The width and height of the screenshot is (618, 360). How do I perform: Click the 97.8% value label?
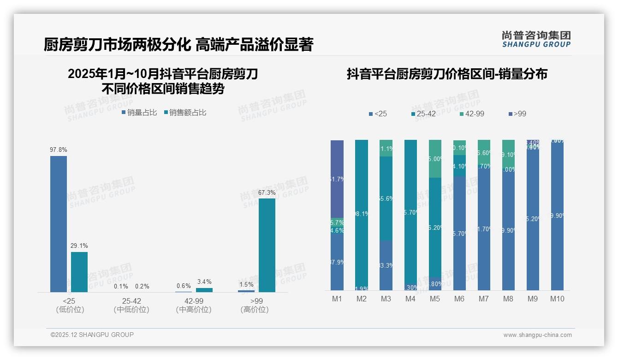(59, 150)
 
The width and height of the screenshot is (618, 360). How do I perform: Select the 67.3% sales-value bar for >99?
(267, 245)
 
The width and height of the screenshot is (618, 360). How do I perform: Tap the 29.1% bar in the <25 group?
(79, 272)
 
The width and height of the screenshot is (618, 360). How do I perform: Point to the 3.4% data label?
(204, 282)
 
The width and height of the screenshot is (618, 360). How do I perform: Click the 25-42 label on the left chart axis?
(131, 301)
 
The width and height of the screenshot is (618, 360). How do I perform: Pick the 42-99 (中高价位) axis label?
(194, 305)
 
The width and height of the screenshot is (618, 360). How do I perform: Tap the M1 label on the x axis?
(337, 299)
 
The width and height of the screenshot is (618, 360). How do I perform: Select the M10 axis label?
(557, 299)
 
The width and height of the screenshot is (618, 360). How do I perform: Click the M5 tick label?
(435, 299)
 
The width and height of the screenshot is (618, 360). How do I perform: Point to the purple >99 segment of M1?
(337, 179)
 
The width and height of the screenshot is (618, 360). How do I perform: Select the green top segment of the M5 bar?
(435, 159)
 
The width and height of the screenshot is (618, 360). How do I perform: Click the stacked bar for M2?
(362, 215)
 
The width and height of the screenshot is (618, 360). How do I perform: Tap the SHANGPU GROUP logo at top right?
(536, 39)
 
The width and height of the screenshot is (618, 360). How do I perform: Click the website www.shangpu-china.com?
(537, 335)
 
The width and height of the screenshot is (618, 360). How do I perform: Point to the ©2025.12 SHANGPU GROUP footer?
(92, 335)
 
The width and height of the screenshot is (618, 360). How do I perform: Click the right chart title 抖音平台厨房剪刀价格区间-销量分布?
(447, 74)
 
